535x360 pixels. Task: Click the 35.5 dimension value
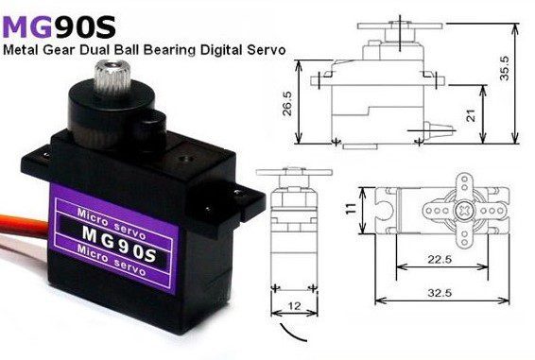[504, 68]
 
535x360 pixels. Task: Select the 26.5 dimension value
[287, 103]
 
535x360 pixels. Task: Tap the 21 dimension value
[471, 115]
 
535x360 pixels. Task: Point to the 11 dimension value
[350, 209]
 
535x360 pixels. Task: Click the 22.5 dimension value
[440, 260]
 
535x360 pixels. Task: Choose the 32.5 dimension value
[440, 292]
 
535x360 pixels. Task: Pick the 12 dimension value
[294, 306]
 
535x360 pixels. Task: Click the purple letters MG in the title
[27, 27]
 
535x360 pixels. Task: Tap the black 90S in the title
[85, 27]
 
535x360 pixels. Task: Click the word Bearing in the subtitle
[169, 50]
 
